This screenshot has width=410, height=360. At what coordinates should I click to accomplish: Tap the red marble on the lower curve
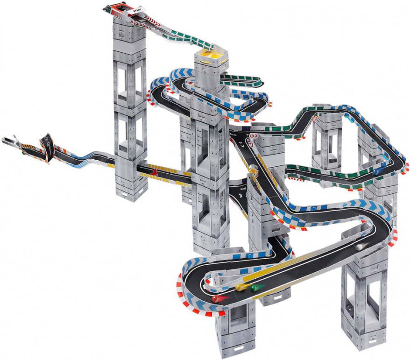pos(217,298)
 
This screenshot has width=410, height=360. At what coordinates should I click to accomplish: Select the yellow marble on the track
pos(239,287)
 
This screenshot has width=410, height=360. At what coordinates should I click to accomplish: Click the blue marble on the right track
pos(377,172)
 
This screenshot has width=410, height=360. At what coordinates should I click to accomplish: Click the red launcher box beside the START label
pos(114,7)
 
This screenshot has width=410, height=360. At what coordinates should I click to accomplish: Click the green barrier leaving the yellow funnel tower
pos(243,79)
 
